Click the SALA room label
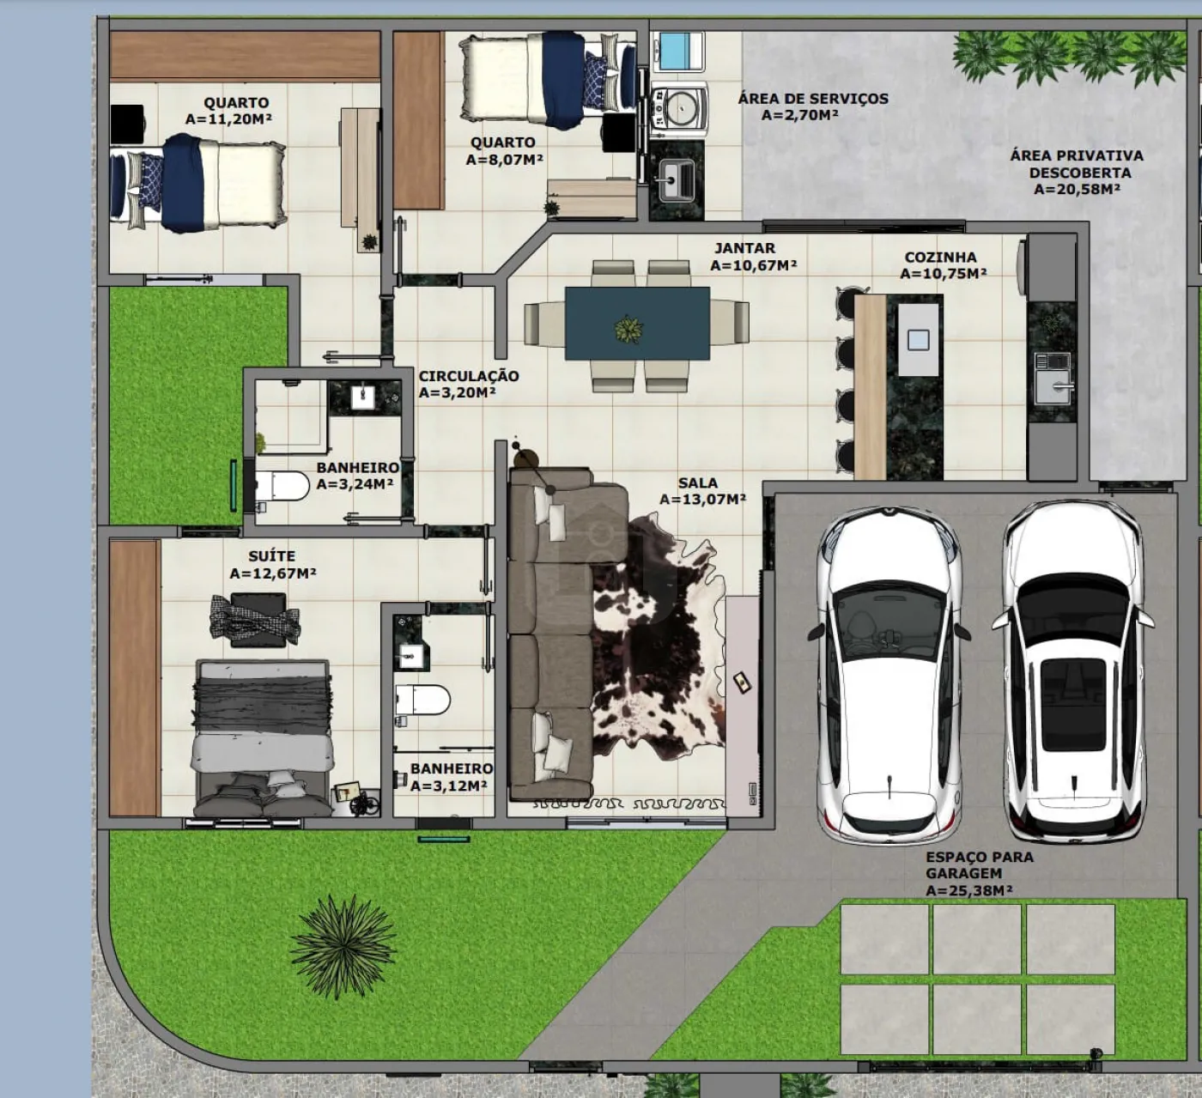697,483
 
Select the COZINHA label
940,258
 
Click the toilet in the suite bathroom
422,700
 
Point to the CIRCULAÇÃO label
468,376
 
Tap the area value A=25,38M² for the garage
968,891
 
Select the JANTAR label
744,249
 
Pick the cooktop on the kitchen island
918,339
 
